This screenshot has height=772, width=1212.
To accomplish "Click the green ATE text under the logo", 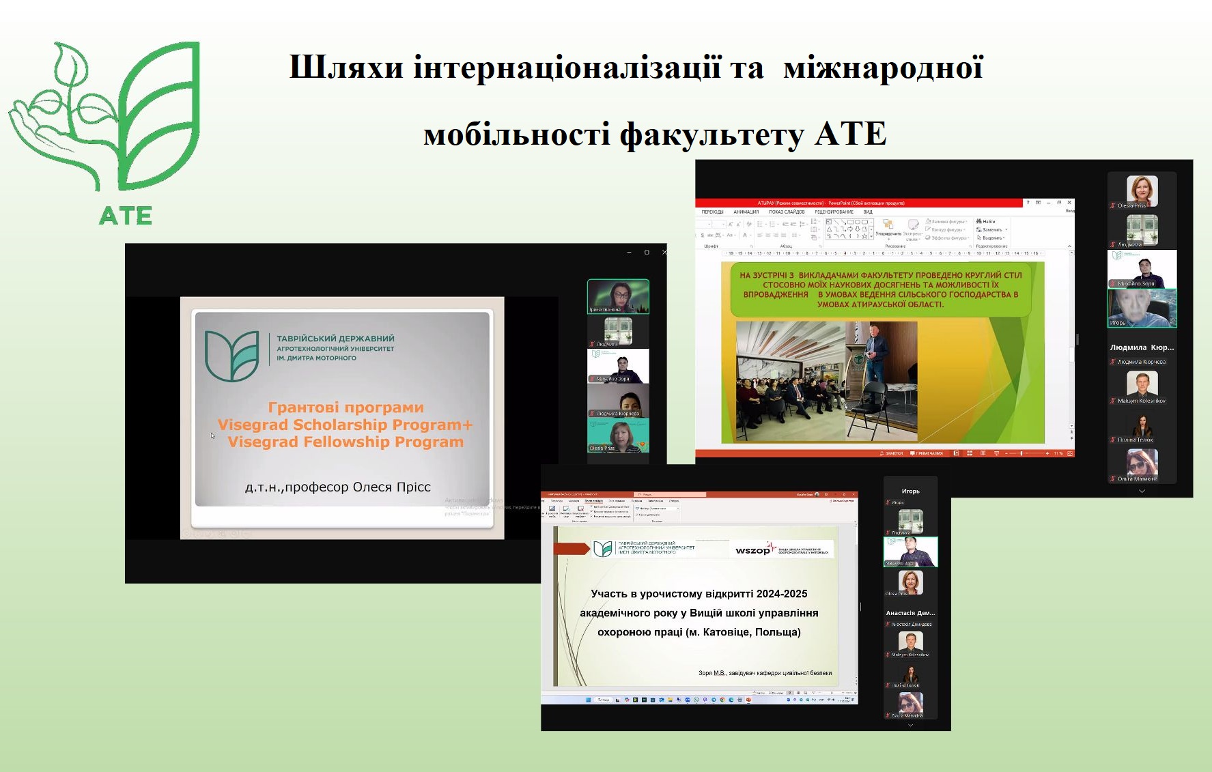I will tap(126, 216).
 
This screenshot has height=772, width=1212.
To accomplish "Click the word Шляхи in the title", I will tap(346, 68).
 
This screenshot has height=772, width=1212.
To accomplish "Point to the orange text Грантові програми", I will tap(346, 408).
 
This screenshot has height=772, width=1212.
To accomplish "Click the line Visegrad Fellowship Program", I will tap(346, 442).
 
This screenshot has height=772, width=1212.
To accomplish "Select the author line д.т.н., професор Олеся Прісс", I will tap(337, 487).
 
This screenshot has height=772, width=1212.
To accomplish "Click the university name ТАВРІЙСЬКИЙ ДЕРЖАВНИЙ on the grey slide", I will tap(335, 339).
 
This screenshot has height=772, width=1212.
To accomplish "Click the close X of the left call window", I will tap(664, 253).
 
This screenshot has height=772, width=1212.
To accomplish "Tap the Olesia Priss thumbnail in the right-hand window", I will tap(1142, 190).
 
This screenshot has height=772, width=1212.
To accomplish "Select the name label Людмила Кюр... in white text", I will tap(1142, 347).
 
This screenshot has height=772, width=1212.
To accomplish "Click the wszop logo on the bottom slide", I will tap(752, 550).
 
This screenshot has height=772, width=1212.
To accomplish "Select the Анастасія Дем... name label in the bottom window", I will tap(910, 613).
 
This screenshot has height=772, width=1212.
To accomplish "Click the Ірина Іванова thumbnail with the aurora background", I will tap(618, 296).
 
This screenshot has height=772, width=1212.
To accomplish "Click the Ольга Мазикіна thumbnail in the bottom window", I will tap(910, 702).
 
